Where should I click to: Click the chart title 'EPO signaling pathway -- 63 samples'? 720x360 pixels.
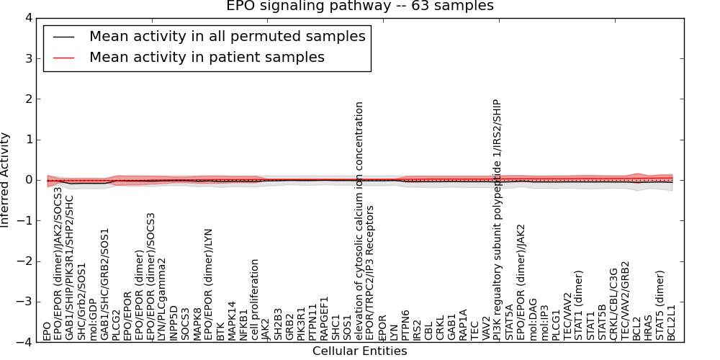[360, 6]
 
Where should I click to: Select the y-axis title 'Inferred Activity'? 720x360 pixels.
[6, 180]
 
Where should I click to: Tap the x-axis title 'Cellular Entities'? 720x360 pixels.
[359, 351]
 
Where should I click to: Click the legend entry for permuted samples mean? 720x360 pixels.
[227, 36]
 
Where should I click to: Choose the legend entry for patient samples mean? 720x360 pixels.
[207, 57]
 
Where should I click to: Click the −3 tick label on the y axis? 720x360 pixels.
[25, 302]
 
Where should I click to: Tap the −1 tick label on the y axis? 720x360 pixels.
[25, 221]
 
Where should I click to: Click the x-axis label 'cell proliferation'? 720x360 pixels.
[255, 300]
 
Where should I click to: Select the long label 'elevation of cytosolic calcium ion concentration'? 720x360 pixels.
[359, 220]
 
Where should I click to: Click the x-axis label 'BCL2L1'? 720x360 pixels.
[672, 322]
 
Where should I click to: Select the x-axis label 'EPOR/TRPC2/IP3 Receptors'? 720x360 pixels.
[371, 273]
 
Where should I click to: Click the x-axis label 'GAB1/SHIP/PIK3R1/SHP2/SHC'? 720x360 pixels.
[70, 267]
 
